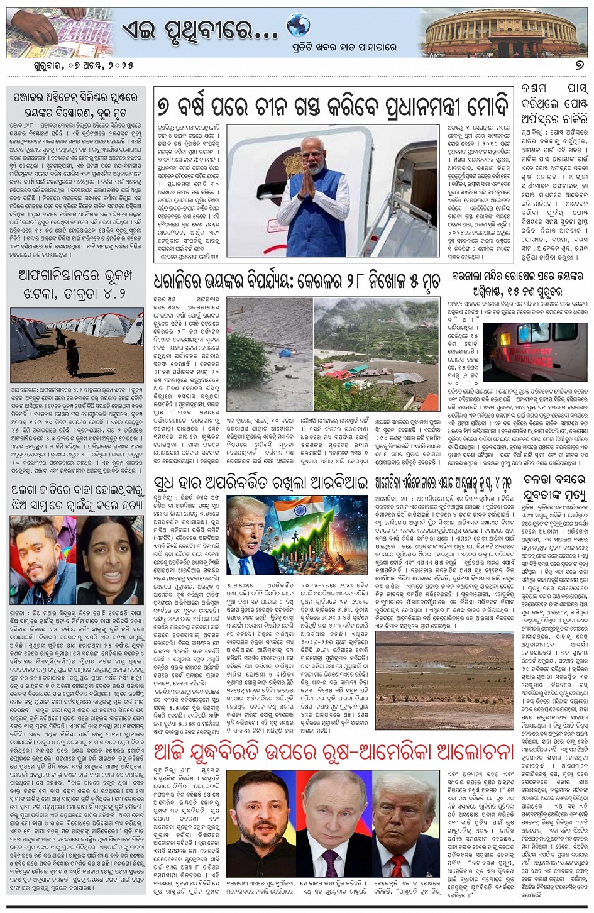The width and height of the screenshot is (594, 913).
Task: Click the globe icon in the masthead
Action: click(x=298, y=26)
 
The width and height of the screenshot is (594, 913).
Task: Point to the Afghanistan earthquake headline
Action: click(x=77, y=284)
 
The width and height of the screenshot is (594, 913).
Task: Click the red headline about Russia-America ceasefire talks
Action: click(x=334, y=751)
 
